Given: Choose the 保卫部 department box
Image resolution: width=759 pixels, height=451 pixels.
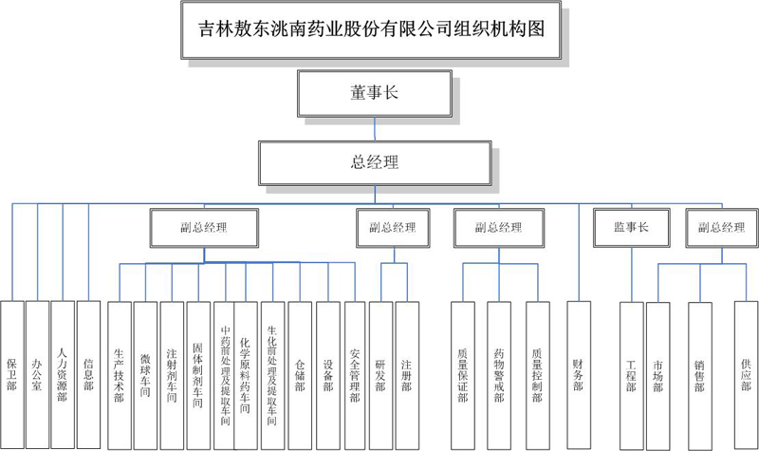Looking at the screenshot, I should (11, 374).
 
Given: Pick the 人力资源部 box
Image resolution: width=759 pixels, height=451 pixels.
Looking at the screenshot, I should (62, 374).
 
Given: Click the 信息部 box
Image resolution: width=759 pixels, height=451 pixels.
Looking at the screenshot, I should (87, 374).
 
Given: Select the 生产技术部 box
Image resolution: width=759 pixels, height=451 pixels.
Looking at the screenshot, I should (119, 374).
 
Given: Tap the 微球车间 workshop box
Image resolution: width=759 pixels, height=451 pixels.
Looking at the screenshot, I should (145, 374).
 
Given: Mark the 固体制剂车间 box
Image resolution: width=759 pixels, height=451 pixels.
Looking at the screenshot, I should (197, 374).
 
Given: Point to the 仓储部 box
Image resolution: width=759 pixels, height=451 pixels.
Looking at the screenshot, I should (300, 374).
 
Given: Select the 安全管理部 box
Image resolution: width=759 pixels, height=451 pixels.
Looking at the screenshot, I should (354, 374).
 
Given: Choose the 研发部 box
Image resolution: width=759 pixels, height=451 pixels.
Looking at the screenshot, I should (380, 374).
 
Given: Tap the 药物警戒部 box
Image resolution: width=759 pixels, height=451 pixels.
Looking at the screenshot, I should (499, 374).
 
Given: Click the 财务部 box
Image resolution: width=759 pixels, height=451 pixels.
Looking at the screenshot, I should (578, 374).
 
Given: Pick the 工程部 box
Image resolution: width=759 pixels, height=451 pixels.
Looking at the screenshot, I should (631, 374).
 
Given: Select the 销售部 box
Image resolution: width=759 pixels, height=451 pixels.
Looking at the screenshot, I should (699, 374).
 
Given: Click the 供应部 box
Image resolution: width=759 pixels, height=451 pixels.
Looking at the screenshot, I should (746, 374).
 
